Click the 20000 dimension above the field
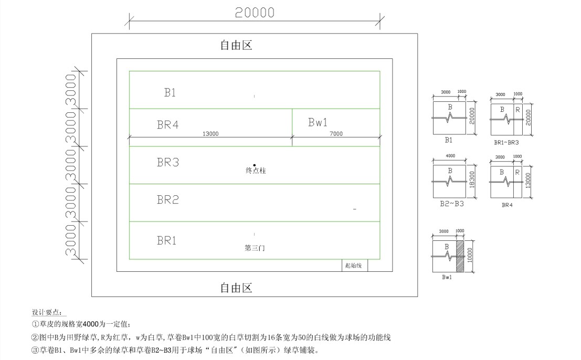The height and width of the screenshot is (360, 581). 255,13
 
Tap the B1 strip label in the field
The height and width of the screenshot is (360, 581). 170,92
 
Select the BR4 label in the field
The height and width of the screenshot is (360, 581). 168,124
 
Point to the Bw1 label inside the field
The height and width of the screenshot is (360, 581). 318,122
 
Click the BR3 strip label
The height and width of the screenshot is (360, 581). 168,162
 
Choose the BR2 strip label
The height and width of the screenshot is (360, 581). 168,200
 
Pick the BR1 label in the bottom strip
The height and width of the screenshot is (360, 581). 167,241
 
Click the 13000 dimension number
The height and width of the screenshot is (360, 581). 210,134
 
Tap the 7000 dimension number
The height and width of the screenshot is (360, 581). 336,134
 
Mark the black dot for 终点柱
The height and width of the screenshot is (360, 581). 254,165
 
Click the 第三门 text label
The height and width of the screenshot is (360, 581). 255,248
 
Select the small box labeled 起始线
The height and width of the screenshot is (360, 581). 355,265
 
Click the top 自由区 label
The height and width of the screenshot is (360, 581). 236,45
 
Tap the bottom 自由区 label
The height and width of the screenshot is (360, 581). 236,288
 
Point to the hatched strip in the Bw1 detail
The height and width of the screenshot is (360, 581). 459,256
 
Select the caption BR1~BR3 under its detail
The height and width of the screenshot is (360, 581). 506,143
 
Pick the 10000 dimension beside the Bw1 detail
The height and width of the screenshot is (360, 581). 470,256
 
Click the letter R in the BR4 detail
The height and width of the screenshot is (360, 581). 517,172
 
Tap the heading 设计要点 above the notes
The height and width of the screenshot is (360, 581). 47,312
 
